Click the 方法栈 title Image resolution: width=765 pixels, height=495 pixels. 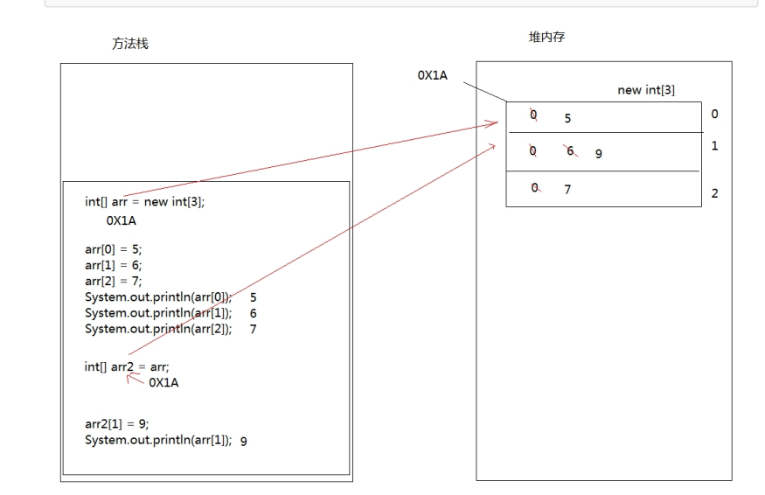coord(130,44)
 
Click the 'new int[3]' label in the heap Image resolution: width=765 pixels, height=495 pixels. coord(646,90)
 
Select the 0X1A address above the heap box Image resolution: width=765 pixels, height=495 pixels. coord(432,75)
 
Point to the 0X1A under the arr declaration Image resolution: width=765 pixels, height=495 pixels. coord(121,221)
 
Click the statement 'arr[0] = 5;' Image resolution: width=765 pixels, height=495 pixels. coord(113,249)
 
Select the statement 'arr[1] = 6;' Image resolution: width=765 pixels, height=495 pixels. coord(113,265)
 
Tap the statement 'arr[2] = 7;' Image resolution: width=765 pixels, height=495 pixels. coord(113,281)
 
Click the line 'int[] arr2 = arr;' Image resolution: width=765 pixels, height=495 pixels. coord(127,366)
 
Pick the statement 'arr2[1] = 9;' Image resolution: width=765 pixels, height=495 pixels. coord(116,423)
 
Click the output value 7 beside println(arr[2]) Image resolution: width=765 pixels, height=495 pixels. coord(253,329)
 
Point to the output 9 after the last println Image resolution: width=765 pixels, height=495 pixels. coord(243,441)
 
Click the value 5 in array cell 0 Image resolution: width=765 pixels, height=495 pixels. coord(568,118)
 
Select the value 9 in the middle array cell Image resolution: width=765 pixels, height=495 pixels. coord(599,154)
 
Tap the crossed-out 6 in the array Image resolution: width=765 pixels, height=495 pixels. coord(570,151)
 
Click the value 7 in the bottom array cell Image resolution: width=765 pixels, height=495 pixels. coord(567,188)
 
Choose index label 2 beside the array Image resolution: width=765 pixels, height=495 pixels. coord(714,193)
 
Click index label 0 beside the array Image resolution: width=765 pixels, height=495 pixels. coord(714,114)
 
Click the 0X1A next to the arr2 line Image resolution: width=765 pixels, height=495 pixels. coord(164,382)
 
